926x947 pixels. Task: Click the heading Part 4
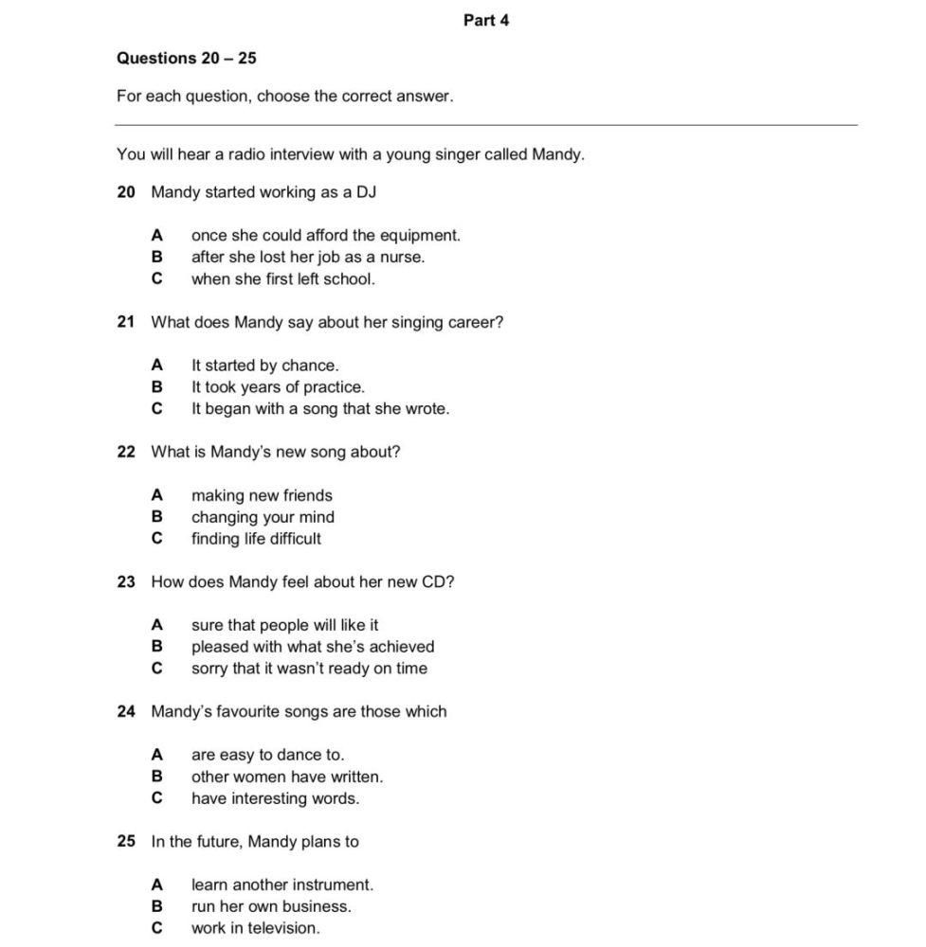tap(485, 20)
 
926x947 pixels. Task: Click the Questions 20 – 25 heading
tap(186, 58)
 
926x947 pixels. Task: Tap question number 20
tap(126, 192)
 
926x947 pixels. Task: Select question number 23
tap(126, 581)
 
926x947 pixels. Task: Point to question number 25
tap(126, 841)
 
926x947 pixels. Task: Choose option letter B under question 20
tap(156, 257)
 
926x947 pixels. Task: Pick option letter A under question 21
tap(156, 365)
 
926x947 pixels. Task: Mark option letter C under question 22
tap(156, 538)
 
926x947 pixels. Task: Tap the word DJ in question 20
tap(366, 192)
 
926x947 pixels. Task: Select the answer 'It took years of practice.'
tap(278, 386)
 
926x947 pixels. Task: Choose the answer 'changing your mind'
tap(263, 517)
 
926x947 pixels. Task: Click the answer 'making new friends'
tap(262, 495)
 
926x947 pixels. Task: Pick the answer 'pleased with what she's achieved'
tap(313, 647)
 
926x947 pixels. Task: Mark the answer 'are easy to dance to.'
tap(267, 755)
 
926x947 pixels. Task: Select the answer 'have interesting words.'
tap(275, 798)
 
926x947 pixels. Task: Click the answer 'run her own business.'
tap(271, 906)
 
